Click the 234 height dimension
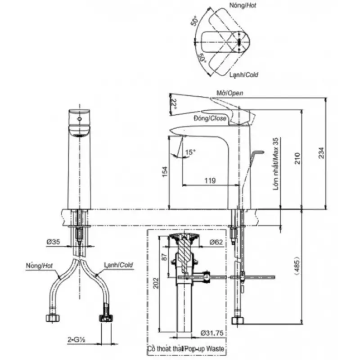click(x=321, y=153)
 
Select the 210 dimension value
click(x=297, y=158)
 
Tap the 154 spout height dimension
click(x=165, y=171)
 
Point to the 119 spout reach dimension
click(x=210, y=180)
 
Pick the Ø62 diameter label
click(x=216, y=242)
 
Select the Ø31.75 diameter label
click(x=212, y=333)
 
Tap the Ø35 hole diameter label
click(x=53, y=242)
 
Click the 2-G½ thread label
click(x=76, y=340)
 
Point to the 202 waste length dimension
click(x=156, y=283)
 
